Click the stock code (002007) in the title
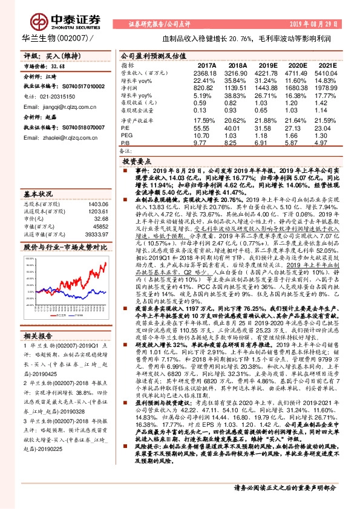[73, 38]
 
